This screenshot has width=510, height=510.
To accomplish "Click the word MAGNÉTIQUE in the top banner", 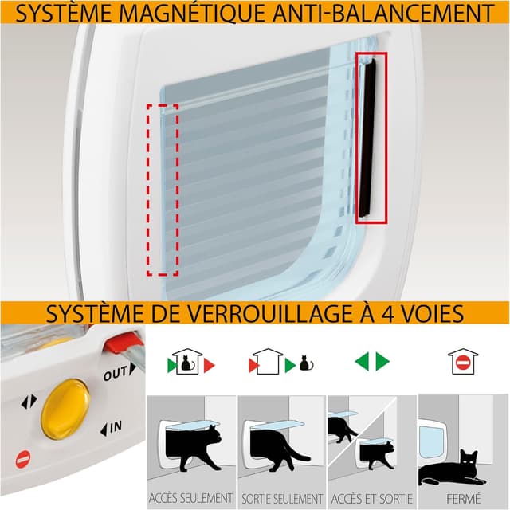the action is point(191,12).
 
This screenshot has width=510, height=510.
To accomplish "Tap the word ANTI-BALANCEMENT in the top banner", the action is point(382,12).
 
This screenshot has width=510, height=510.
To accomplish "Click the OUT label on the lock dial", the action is point(119,372).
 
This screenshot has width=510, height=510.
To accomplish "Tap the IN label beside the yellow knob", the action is point(112,428).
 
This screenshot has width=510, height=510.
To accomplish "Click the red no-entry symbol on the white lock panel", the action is point(23,459).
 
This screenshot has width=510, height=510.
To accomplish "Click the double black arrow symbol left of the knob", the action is point(29,402).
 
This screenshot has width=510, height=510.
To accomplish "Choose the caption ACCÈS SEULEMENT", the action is point(191,498).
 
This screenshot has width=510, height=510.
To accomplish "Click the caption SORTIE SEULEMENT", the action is point(282,499).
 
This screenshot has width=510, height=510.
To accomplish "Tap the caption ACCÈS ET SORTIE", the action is point(372,499).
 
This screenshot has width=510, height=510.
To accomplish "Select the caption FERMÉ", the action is point(464,499).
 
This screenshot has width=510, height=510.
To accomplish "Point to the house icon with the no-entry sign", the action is point(463,361).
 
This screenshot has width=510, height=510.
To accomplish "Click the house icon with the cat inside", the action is point(187,361).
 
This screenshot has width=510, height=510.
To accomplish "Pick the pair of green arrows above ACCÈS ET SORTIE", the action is point(372,361).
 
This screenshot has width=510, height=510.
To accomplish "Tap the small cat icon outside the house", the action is point(306,363).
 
